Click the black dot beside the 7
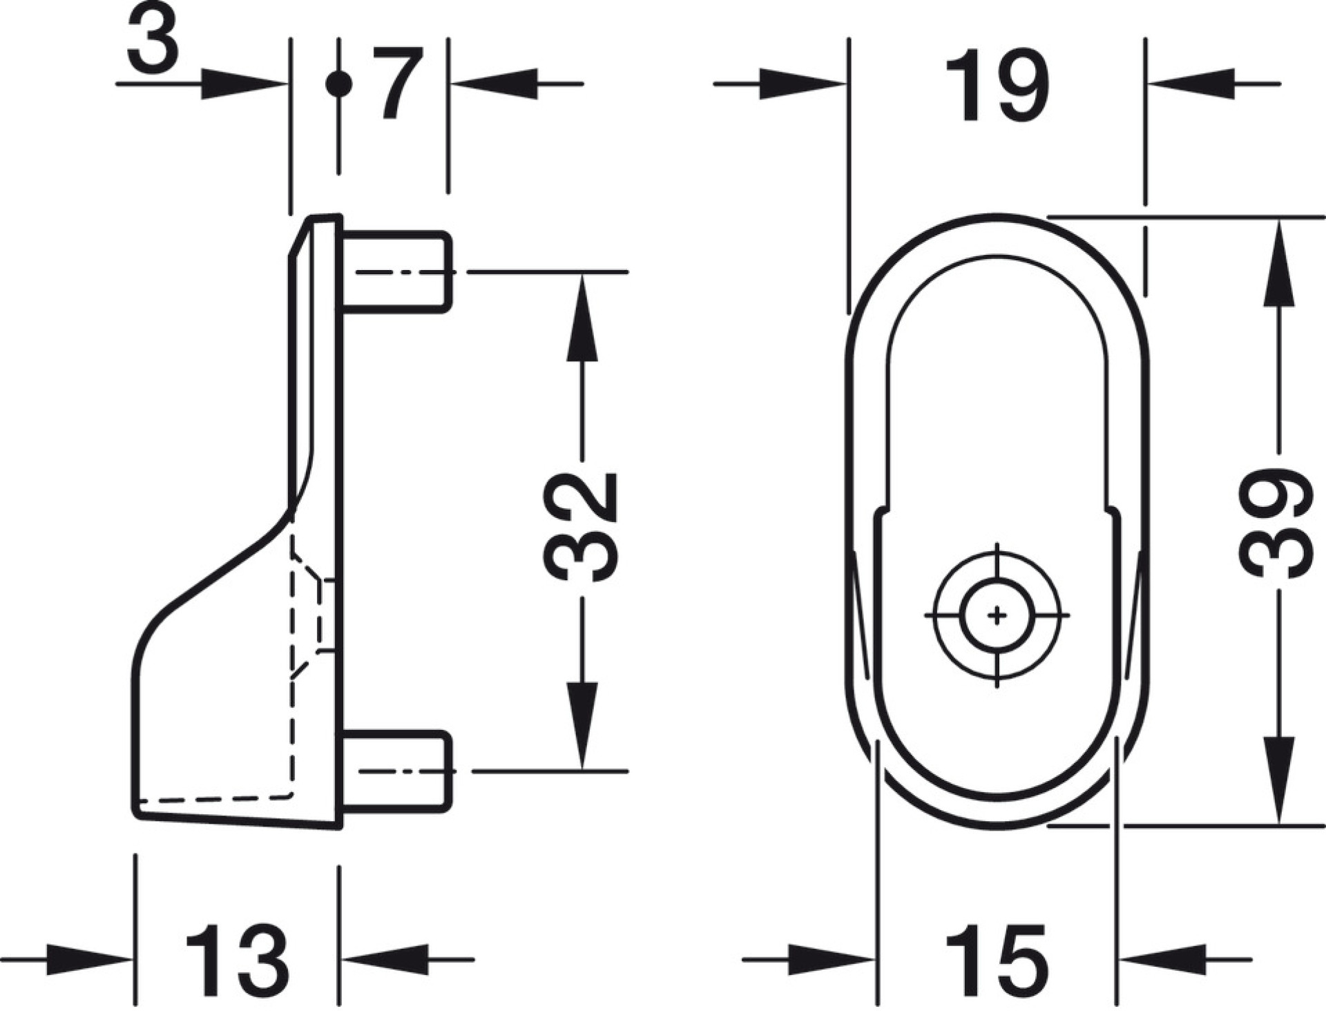(x=338, y=84)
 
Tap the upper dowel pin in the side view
(x=396, y=271)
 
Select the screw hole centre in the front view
(x=997, y=614)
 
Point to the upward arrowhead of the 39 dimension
(x=1278, y=262)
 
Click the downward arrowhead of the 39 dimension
(x=1278, y=780)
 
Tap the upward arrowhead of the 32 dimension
(x=582, y=316)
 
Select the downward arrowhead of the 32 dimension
(x=582, y=725)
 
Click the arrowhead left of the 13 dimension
(x=89, y=959)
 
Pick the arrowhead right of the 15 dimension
(x=1161, y=959)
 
